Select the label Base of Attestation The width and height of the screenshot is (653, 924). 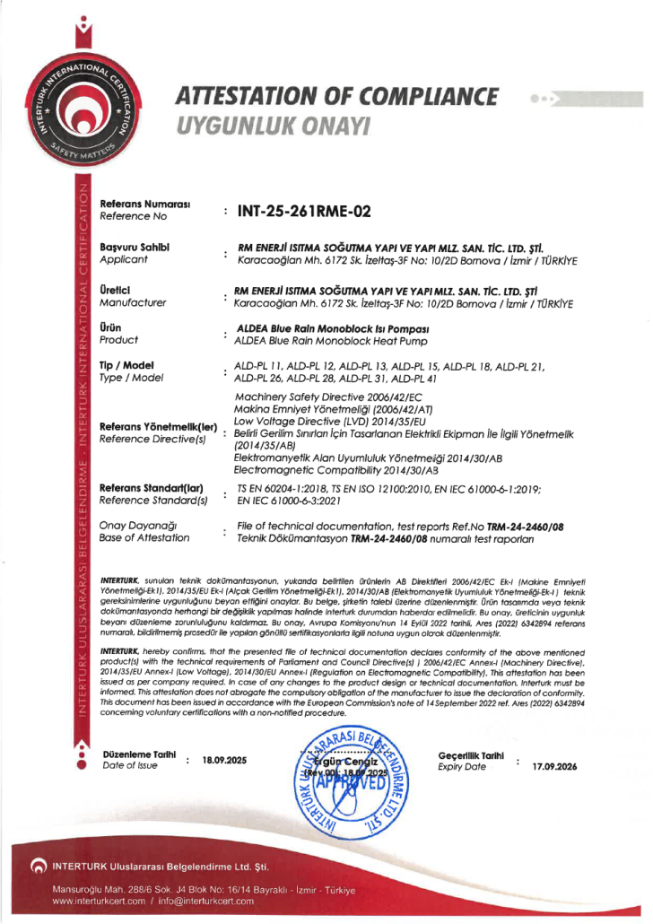tap(144, 537)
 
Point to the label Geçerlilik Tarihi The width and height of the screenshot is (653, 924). tap(471, 756)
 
